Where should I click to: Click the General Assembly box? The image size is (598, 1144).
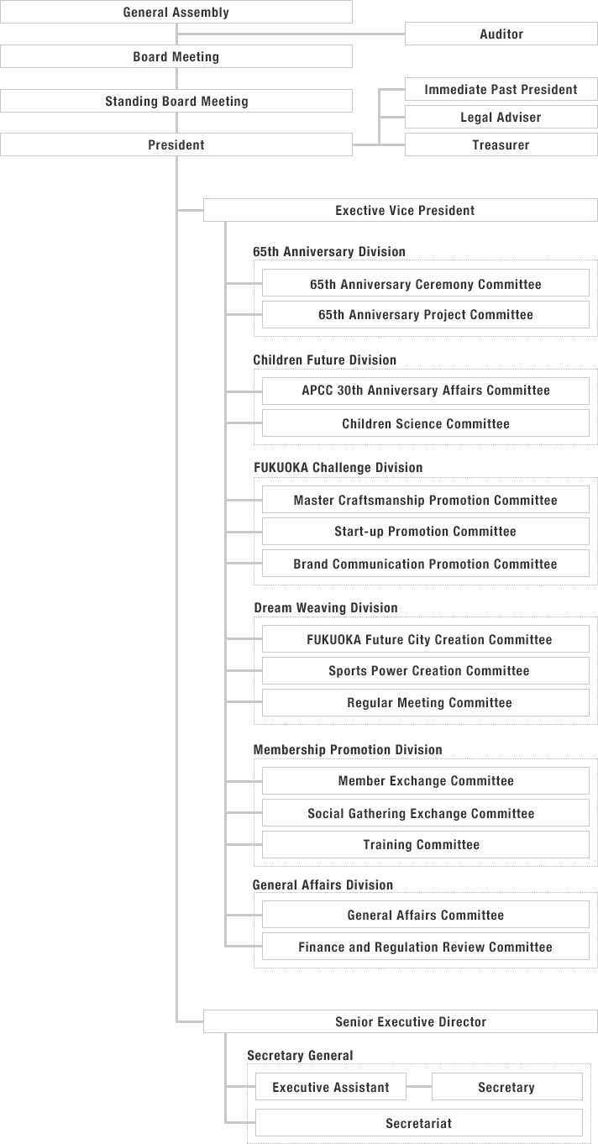176,13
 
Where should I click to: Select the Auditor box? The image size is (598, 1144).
501,34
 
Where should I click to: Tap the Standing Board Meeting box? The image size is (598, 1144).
176,102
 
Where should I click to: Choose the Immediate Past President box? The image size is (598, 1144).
501,90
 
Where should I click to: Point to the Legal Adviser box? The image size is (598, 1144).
501,118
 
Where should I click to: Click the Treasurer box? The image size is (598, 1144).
501,145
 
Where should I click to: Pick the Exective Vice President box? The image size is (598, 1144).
404,211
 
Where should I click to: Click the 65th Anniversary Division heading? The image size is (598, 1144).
329,252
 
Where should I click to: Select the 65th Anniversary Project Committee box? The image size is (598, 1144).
425,315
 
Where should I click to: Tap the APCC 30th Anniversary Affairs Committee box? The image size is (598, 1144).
425,391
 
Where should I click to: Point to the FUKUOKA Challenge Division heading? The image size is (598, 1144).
338,468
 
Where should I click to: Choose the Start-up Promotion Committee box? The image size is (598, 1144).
425,532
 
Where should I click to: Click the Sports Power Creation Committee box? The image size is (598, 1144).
425,671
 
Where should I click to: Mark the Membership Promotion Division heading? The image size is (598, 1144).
348,750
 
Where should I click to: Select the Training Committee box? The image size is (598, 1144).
425,845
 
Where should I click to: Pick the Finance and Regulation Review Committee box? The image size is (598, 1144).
425,947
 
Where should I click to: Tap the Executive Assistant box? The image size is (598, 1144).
331,1088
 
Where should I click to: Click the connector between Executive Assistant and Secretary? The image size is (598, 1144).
419,1087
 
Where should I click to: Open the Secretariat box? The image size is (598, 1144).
418,1123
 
